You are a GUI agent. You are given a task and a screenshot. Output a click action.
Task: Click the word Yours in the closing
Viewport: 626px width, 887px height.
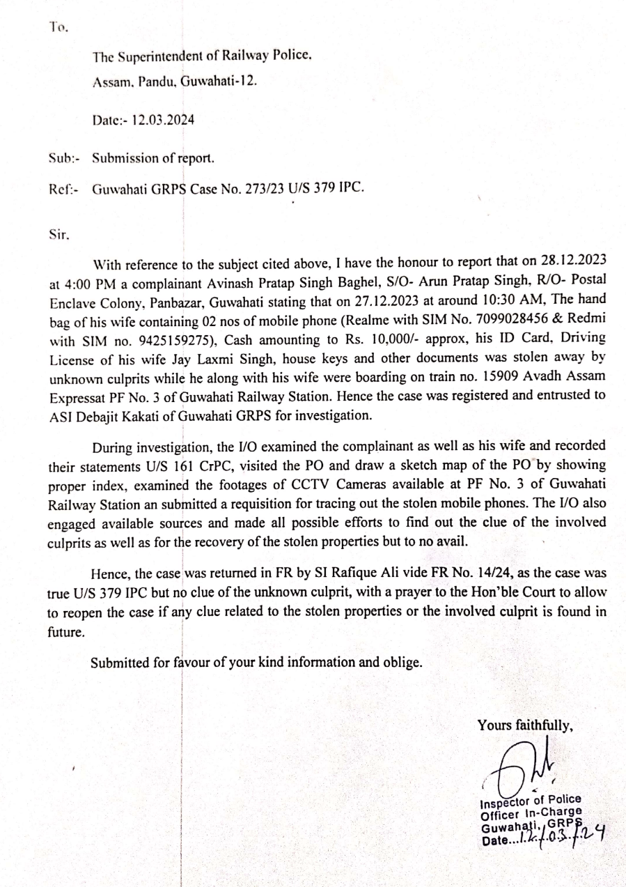(x=494, y=725)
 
